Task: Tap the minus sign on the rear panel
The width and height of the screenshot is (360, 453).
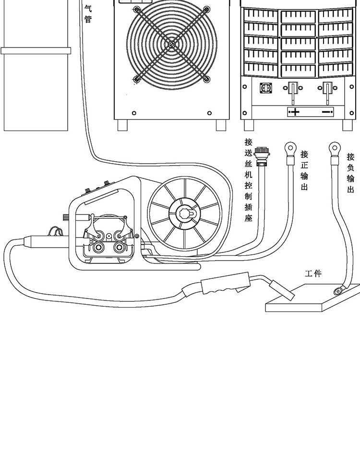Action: (326, 112)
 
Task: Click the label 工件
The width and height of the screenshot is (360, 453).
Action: (313, 274)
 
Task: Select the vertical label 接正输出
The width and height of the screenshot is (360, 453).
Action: (304, 170)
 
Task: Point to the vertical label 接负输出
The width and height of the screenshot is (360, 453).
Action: (351, 173)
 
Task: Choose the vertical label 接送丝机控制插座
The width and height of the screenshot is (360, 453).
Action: (248, 182)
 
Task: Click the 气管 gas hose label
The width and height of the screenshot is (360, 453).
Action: (87, 13)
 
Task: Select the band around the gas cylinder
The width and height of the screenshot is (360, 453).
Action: (36, 50)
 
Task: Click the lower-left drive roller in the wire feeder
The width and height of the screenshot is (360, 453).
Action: (100, 248)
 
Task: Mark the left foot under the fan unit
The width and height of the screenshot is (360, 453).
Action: (122, 125)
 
